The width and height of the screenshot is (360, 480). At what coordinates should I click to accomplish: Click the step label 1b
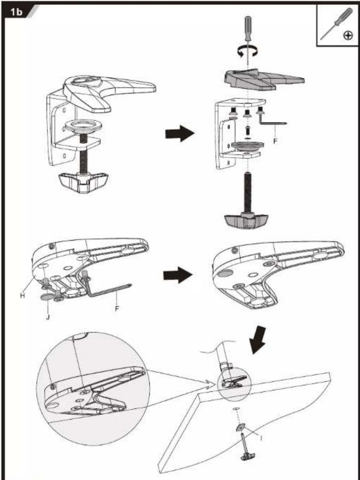[x=17, y=12]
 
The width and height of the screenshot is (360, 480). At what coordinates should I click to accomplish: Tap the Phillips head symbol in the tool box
[x=348, y=35]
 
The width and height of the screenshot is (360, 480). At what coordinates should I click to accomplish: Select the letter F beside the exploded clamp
[x=276, y=142]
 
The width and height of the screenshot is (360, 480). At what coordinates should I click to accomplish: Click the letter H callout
[x=22, y=296]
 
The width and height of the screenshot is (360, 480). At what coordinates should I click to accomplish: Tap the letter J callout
[x=48, y=317]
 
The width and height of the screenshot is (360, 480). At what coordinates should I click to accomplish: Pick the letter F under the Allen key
[x=117, y=308]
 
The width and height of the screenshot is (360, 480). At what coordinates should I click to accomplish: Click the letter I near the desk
[x=261, y=439]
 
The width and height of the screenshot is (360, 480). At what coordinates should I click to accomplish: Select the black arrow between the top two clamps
[x=180, y=133]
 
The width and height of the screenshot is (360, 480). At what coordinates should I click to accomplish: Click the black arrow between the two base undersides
[x=178, y=275]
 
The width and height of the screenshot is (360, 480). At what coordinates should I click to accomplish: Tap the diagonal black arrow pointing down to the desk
[x=257, y=340]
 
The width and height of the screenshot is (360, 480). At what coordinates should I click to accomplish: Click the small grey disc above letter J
[x=46, y=297]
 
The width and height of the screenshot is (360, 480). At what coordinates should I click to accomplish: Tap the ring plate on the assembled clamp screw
[x=83, y=126]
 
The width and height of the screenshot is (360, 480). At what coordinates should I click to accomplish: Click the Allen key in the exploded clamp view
[x=272, y=120]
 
